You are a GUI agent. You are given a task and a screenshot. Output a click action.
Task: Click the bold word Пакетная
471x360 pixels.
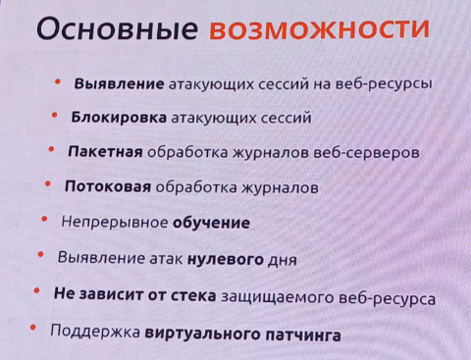pos(105,153)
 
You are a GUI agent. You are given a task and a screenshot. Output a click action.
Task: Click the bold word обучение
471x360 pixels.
pos(211,223)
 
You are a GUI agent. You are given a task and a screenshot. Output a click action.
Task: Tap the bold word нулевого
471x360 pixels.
pos(233,259)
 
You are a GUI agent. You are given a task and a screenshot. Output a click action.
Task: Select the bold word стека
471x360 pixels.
pos(185,294)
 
